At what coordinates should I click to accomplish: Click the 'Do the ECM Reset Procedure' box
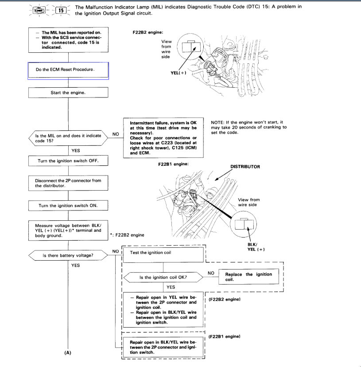(68, 70)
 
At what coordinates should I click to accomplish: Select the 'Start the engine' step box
(68, 93)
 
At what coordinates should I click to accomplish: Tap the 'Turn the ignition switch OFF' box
(68, 160)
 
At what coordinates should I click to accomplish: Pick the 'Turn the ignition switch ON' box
(68, 206)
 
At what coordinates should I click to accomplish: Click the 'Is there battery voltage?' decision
(68, 256)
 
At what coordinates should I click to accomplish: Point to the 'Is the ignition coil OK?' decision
(163, 277)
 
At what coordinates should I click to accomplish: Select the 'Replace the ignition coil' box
(248, 277)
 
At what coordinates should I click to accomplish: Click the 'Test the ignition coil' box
(163, 253)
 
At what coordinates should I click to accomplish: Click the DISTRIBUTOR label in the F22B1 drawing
(245, 167)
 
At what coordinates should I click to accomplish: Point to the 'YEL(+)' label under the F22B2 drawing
(179, 74)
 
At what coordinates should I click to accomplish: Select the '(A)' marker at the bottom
(68, 353)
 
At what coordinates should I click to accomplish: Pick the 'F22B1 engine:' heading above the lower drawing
(173, 164)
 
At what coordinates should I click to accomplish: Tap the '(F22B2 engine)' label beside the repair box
(224, 300)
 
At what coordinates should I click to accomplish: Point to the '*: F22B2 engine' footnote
(127, 234)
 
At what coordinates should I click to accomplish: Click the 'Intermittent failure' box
(163, 138)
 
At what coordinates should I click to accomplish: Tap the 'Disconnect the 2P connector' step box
(68, 183)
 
